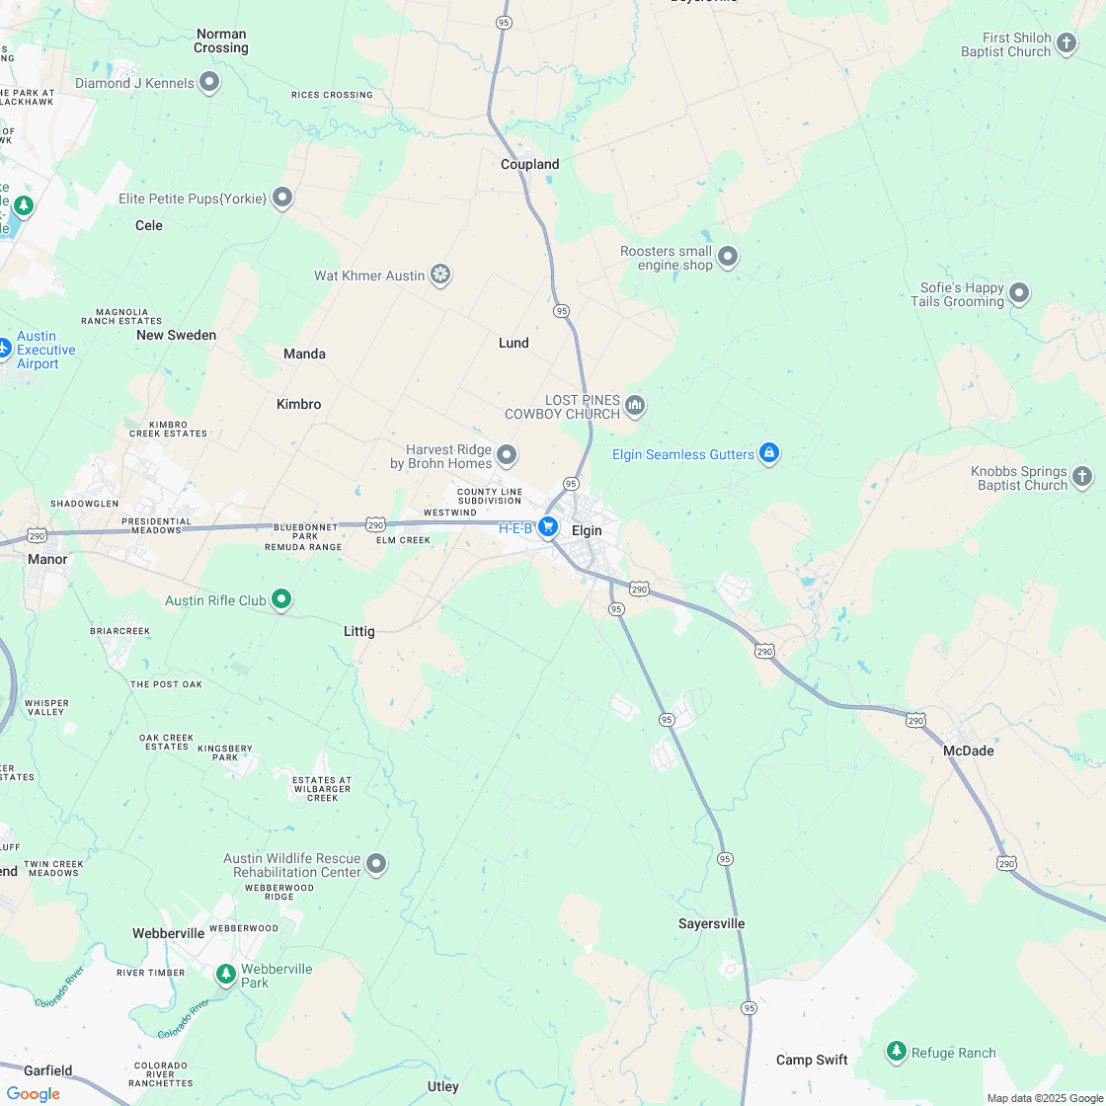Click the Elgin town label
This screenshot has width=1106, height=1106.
click(x=587, y=530)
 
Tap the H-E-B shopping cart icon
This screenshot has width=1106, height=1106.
click(x=548, y=528)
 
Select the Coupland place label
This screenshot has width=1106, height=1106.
click(x=530, y=164)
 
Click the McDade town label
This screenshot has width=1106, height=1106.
click(x=968, y=750)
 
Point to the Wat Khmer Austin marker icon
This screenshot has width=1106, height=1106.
click(x=441, y=275)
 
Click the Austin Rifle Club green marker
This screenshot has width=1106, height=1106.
click(x=281, y=598)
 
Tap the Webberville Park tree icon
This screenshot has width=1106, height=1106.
click(x=226, y=975)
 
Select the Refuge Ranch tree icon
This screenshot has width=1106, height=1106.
click(x=897, y=1052)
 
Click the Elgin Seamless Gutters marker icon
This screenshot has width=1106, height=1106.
click(x=769, y=453)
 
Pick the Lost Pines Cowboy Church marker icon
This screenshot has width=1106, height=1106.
click(x=635, y=405)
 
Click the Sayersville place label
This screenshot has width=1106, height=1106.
click(x=711, y=923)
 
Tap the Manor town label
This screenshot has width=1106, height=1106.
click(x=47, y=559)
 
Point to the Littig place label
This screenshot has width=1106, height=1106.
click(x=358, y=631)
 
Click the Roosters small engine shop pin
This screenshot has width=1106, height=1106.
click(x=728, y=258)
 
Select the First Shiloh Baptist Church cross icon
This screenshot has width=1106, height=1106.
click(x=1066, y=43)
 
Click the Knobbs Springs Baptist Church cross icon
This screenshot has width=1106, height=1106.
click(x=1082, y=478)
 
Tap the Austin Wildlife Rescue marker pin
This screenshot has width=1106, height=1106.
click(x=376, y=864)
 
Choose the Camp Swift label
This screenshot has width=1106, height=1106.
click(x=811, y=1060)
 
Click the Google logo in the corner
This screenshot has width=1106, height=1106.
click(x=33, y=1093)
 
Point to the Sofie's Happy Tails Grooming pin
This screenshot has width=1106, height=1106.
click(x=1019, y=293)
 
